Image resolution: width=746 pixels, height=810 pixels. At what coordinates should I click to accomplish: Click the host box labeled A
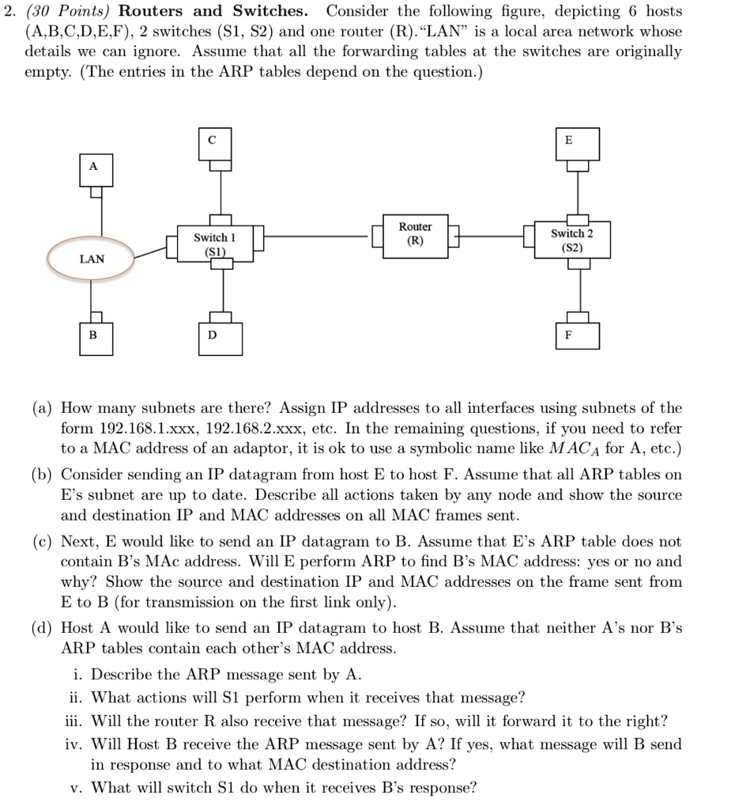tap(94, 168)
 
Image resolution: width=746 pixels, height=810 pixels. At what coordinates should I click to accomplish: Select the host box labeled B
tap(93, 335)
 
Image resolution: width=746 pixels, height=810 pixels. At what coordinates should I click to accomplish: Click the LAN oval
tap(91, 259)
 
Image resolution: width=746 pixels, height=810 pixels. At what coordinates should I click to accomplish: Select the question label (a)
tap(43, 408)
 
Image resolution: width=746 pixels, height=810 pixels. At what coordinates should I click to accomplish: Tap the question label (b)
tap(43, 475)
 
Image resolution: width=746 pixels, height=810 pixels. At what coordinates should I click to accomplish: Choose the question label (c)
tap(43, 542)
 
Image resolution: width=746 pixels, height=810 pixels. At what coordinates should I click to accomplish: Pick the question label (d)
tap(43, 628)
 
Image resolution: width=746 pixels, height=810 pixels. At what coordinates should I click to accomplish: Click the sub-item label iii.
tap(75, 721)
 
